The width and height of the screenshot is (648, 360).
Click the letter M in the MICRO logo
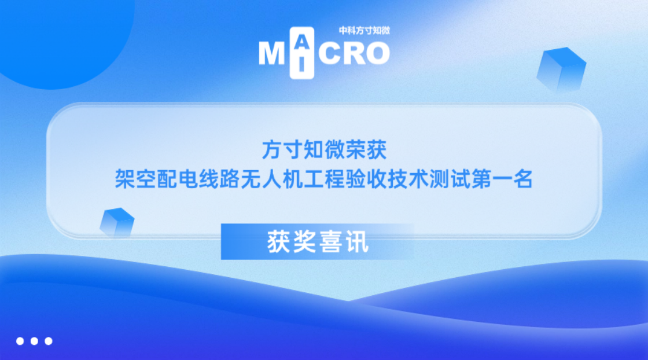271,54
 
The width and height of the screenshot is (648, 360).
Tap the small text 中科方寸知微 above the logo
364,30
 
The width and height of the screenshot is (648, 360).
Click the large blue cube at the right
561,70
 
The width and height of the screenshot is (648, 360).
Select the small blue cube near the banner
117,222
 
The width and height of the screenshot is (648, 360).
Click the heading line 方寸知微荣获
325,150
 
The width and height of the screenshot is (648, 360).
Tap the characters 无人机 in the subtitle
272,179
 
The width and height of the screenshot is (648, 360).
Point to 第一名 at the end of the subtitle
502,179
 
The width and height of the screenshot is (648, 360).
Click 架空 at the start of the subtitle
135,179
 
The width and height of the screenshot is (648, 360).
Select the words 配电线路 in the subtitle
198,179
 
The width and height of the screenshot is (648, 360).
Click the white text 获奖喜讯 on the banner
318,242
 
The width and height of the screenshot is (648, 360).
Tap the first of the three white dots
20,341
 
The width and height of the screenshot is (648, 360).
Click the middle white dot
34,341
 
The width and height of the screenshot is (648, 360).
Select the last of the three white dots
49,341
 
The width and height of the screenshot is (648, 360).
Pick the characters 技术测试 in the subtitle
429,179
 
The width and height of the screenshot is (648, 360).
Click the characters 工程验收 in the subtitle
345,179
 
